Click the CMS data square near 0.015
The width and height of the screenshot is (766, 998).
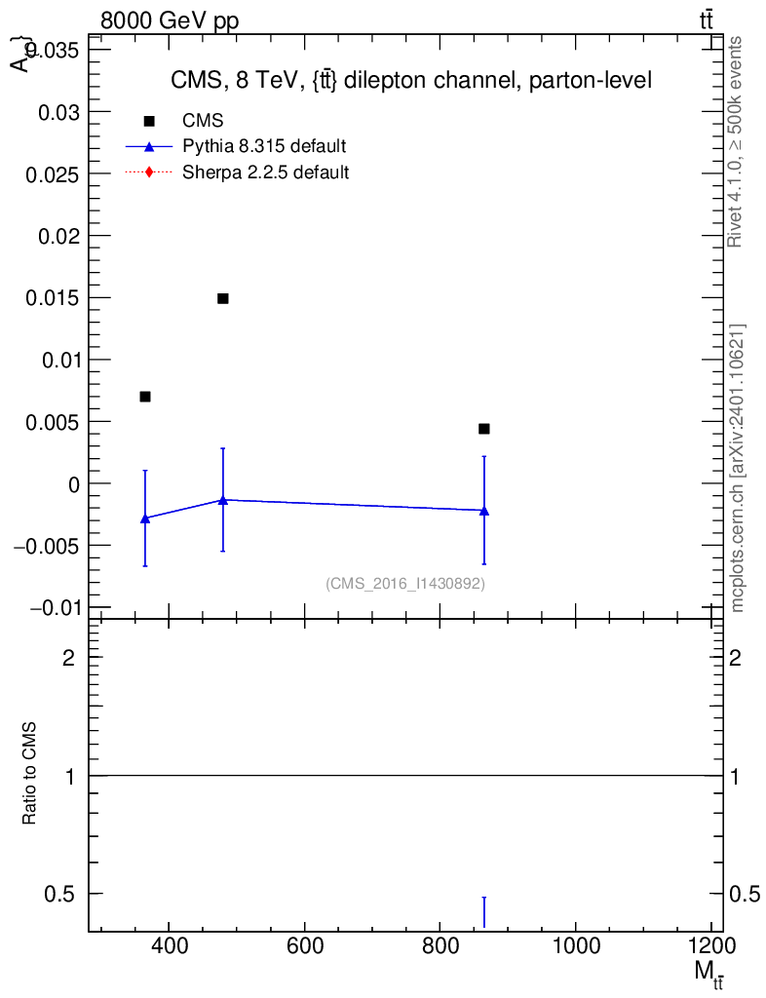pos(222,298)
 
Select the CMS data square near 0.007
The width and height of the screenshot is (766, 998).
pos(145,397)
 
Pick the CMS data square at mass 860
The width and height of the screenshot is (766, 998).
pos(483,429)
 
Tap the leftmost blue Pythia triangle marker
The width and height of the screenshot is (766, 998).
pos(145,518)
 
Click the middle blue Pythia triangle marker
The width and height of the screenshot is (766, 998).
pos(222,500)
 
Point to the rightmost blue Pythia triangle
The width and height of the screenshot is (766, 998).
pos(483,511)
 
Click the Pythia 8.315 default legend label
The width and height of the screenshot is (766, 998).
pos(264,147)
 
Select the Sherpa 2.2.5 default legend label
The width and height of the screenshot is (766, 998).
pos(266,173)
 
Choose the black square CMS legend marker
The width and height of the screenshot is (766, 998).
pos(149,121)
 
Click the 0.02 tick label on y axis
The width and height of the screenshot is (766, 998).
pos(57,236)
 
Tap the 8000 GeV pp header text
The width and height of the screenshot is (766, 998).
pos(170,21)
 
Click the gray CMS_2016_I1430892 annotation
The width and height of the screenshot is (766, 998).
pos(405,584)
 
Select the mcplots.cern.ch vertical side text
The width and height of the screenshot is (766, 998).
pos(738,468)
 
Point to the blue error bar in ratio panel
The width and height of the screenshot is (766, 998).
pos(483,912)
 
